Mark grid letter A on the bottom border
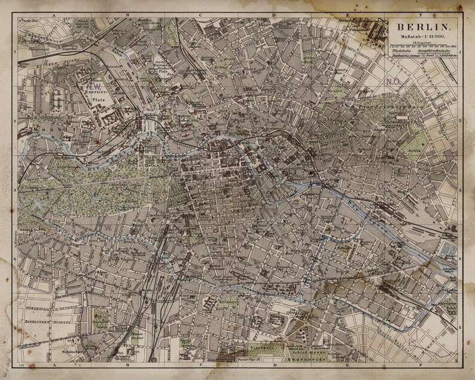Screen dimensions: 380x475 [x=56, y=363]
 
